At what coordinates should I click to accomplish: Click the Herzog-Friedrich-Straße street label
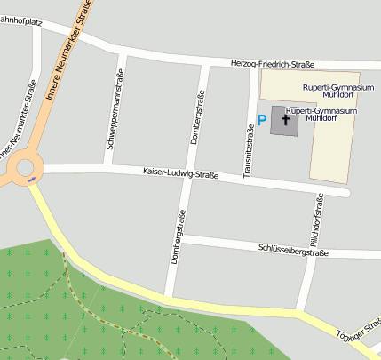(273, 63)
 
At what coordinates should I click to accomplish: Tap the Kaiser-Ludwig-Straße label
(180, 173)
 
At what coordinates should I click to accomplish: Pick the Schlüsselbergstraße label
(293, 251)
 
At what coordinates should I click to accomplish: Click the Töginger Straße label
(365, 328)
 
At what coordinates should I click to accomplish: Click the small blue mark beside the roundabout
(32, 179)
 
